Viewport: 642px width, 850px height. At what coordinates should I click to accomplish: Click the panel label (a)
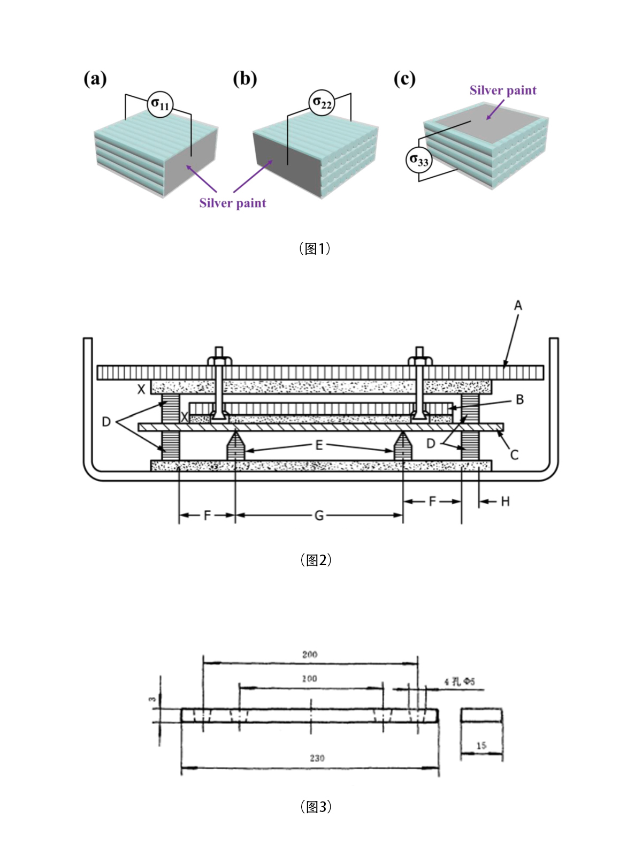pos(95,79)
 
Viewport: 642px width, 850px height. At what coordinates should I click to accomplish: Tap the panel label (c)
pos(404,79)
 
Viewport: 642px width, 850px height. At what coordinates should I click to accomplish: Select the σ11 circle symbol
pos(160,103)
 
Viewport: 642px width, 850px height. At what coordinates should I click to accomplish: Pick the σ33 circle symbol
pos(418,160)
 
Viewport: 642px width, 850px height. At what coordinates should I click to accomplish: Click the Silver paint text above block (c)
pos(503,90)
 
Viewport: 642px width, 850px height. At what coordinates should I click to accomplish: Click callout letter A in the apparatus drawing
pos(518,306)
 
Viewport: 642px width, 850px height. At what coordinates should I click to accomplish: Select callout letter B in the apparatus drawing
pos(519,400)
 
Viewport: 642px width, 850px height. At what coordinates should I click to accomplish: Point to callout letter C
pos(514,455)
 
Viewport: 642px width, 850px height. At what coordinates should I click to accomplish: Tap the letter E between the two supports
pos(319,445)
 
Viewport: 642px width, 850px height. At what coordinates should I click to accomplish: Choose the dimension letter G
pos(319,515)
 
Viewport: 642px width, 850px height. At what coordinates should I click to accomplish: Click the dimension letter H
pos(505,502)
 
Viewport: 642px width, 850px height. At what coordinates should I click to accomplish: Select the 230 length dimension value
pos(317,758)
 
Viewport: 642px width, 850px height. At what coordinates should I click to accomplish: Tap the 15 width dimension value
pos(481,745)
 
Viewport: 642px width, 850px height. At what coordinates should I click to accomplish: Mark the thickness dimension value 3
pos(152,699)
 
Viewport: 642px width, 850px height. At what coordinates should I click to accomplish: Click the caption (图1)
pos(315,248)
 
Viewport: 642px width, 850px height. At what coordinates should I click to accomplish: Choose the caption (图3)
pos(316,807)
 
